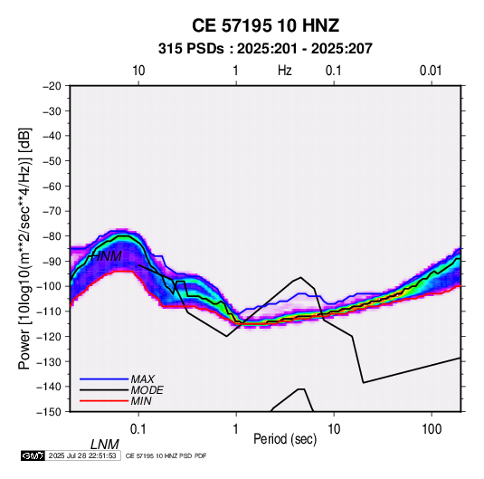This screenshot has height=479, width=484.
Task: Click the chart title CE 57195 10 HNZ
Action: coord(265,25)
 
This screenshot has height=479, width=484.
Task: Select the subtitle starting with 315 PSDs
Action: coord(265,49)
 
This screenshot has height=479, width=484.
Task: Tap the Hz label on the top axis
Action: coord(285,71)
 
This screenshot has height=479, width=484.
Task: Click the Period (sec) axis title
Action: coord(285,439)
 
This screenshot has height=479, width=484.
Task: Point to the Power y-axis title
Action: coord(24,249)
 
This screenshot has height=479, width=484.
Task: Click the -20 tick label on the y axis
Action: coord(52,86)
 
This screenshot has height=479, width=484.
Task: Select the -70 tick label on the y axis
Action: coord(52,211)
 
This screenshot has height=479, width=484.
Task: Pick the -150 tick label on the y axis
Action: coord(49,412)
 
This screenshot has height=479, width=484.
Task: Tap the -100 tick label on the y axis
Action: coord(49,286)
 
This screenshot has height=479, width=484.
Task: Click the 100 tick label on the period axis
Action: coord(432,429)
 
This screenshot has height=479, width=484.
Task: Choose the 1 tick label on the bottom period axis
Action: coord(236,429)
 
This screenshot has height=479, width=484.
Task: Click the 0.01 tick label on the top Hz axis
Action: coord(431,71)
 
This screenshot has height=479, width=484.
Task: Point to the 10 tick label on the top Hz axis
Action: coord(138,71)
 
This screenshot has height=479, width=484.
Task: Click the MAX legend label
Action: coord(142,379)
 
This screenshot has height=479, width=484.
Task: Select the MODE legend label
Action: coord(147,390)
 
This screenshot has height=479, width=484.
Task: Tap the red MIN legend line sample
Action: coord(104,401)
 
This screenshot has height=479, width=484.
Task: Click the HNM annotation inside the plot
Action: coord(106,256)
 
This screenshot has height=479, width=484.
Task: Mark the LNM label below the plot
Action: coord(105,445)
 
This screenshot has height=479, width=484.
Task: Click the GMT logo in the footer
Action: coord(33,455)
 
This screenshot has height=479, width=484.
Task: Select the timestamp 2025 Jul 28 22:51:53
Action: coord(82,455)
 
